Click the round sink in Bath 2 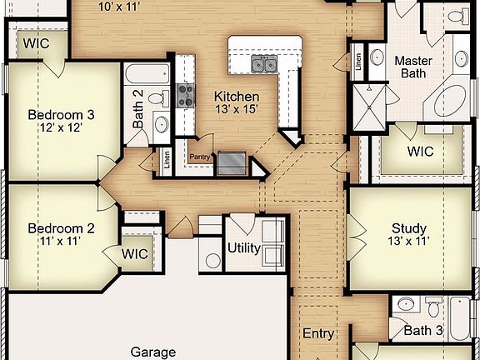click(x=161, y=125)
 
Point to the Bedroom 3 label click(x=61, y=115)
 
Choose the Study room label click(x=408, y=228)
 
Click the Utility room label click(x=244, y=248)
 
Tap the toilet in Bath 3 click(x=406, y=305)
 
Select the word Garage click(x=153, y=352)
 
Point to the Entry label click(x=318, y=333)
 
